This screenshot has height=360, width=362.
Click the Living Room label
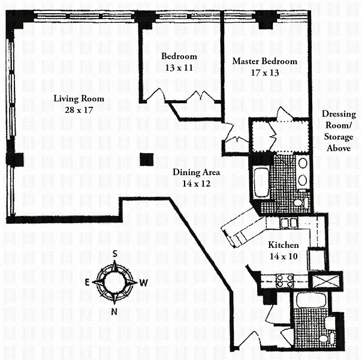79,98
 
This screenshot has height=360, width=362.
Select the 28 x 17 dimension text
79,110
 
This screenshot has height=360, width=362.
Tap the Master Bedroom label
264,61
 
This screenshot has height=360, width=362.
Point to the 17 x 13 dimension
265,73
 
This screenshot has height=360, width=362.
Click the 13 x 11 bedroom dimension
179,68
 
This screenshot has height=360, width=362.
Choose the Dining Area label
196,172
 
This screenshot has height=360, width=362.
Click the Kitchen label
283,245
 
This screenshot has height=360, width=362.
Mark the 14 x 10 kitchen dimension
283,256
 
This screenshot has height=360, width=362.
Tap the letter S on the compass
114,254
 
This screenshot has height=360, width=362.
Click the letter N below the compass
114,312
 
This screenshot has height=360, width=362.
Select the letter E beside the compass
88,282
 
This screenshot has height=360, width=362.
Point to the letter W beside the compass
144,283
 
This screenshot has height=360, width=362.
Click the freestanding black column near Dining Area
147,160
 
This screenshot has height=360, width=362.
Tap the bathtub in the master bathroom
261,182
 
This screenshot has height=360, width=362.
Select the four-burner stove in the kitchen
285,281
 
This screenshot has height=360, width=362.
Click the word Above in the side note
339,148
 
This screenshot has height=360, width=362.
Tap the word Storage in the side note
339,137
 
